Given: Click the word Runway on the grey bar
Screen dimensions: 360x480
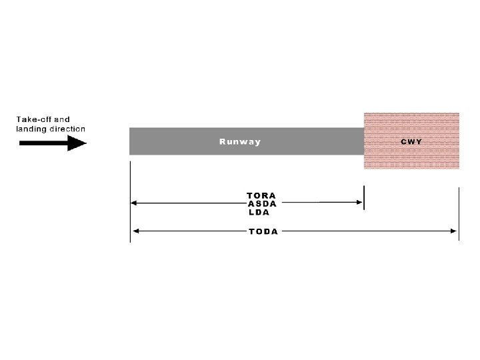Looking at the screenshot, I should pos(240,141).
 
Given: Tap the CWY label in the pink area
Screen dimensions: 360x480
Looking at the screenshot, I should pos(411,141).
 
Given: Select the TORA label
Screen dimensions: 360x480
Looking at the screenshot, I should pos(261,196).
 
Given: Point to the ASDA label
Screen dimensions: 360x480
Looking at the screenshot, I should pos(262,204).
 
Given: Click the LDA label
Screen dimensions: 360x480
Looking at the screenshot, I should pos(259,212).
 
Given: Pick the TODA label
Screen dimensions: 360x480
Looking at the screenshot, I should pos(263,231).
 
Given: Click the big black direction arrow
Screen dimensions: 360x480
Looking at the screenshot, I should pos(53,143).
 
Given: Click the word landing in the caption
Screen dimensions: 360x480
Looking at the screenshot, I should pos(30,129).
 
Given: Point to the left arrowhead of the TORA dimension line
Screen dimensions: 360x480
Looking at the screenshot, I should pos(134,201).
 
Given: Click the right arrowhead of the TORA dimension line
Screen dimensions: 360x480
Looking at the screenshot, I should pos(359,201).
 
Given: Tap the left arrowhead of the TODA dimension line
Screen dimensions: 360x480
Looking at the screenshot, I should pos(135,231).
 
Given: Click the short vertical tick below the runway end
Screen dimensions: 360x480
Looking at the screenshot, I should pos(364,198).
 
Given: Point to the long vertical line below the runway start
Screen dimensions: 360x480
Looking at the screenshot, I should pos(130,200).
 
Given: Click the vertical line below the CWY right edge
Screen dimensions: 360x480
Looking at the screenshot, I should pos(459,213).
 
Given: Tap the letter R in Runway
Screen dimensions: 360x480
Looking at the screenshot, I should pos(223,141).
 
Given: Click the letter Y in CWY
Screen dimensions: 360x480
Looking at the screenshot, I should pos(419,141).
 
